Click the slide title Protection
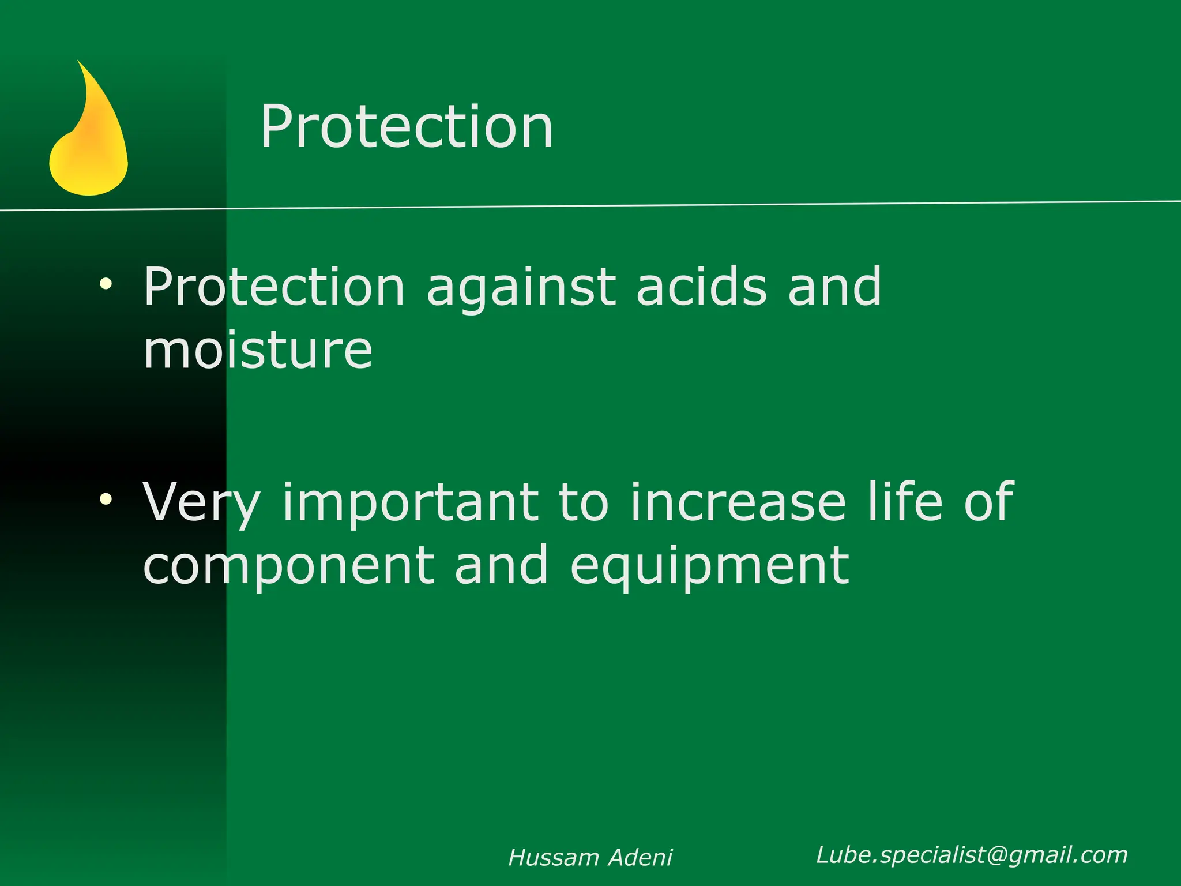tap(407, 127)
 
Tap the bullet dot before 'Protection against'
tap(106, 284)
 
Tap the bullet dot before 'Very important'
tap(106, 499)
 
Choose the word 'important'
tap(410, 503)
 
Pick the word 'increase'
tap(738, 502)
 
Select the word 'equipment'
tap(709, 568)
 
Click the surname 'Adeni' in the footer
tap(641, 858)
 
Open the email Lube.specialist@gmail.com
tap(972, 855)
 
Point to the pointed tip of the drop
tap(79, 62)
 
